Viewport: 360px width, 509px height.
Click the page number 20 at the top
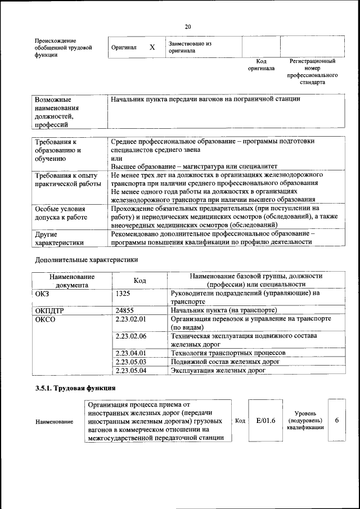[187, 26]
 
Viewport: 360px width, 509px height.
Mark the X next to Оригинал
[152, 48]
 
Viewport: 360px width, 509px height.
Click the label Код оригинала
[261, 64]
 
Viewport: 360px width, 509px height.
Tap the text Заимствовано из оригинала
[189, 47]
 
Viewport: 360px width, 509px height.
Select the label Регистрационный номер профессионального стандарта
[312, 71]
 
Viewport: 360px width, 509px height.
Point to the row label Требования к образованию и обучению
[58, 150]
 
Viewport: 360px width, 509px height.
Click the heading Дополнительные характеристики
[86, 260]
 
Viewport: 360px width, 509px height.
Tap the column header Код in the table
[139, 280]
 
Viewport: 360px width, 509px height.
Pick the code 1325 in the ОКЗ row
[124, 293]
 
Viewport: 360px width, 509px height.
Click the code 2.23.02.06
[130, 336]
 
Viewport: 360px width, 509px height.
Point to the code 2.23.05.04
[130, 370]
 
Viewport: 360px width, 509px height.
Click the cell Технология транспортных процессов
[228, 353]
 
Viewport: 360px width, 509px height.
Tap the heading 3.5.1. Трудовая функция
[75, 388]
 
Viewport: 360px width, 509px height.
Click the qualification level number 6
[336, 420]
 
